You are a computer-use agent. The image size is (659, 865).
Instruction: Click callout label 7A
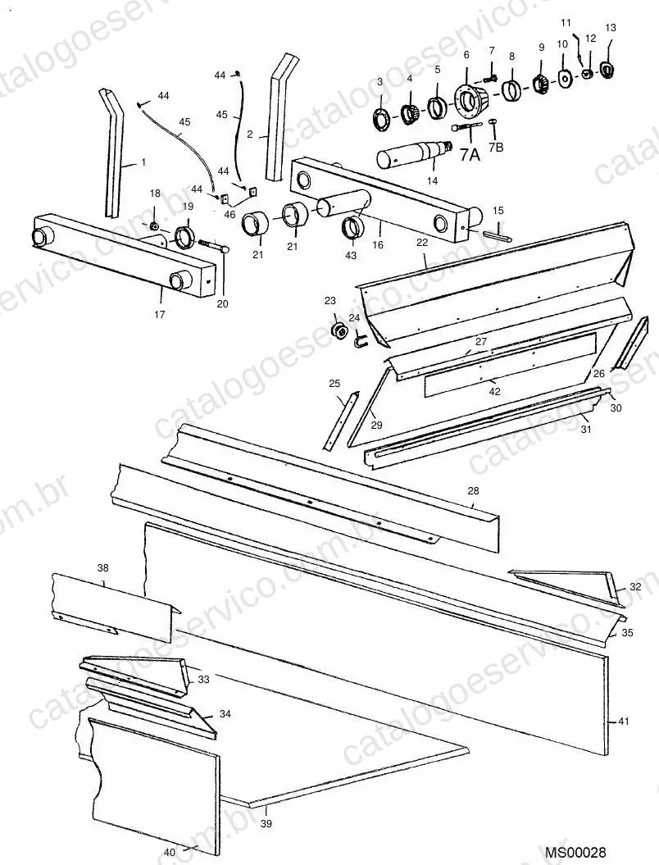point(470,156)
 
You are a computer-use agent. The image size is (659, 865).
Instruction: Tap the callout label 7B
point(497,148)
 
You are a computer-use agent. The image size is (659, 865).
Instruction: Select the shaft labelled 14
point(414,154)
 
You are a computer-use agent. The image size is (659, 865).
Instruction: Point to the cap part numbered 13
point(607,69)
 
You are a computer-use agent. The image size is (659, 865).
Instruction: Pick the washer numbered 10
point(564,78)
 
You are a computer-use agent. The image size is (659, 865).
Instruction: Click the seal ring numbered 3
point(381,120)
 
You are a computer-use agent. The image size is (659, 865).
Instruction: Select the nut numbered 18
point(154,225)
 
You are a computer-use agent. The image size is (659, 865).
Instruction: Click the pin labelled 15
point(498,235)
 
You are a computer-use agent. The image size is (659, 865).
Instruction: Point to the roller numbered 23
point(337,331)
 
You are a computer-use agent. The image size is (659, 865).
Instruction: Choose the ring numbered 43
point(352,228)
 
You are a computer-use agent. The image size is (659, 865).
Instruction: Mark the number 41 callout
point(623,721)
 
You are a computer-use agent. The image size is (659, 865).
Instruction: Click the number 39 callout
point(266,824)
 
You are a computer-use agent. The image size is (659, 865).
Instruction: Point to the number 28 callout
point(473,490)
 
